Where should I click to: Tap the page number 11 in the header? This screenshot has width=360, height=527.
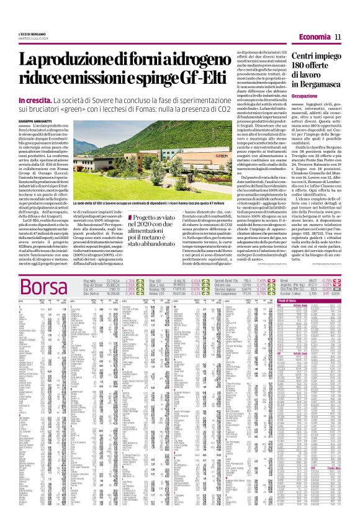pyautogui.click(x=338, y=38)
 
